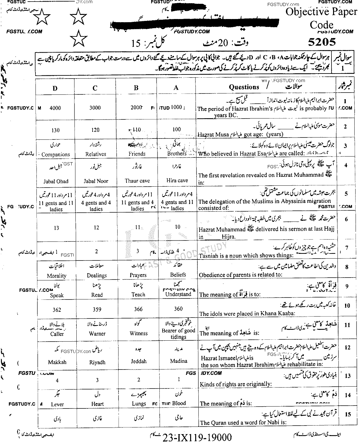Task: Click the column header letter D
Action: (x=55, y=88)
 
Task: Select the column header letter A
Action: (x=176, y=87)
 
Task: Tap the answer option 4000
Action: (x=55, y=108)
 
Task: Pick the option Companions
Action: (x=56, y=155)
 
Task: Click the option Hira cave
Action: (x=177, y=181)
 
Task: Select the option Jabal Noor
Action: (x=96, y=181)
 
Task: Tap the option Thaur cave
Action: (x=137, y=181)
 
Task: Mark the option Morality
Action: (x=56, y=276)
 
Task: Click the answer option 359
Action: (x=97, y=309)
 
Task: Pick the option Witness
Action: (x=138, y=333)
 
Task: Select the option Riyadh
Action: (x=97, y=362)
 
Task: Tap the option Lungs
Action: (x=139, y=404)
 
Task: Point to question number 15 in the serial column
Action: (x=348, y=414)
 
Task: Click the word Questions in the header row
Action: (x=244, y=87)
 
